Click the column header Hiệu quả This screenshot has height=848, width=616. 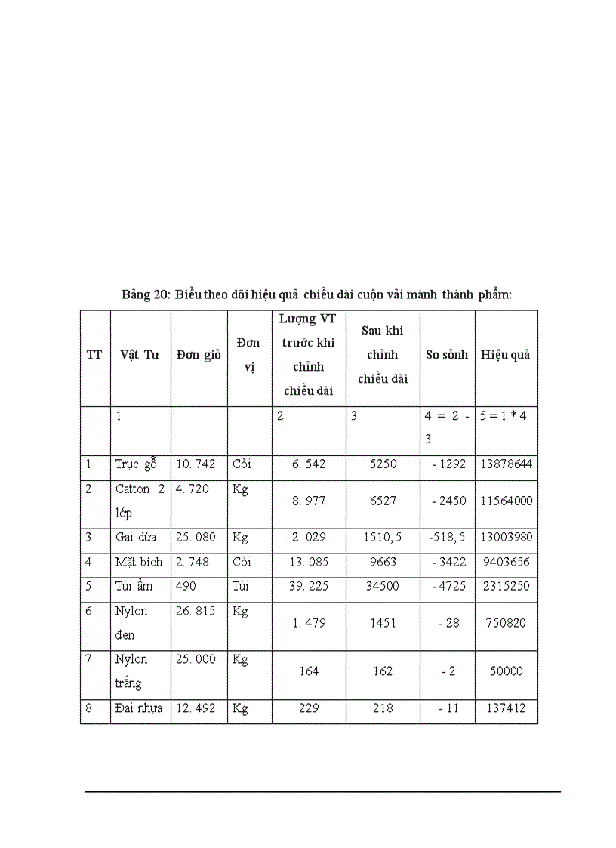click(505, 355)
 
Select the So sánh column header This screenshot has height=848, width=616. click(446, 355)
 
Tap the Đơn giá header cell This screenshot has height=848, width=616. click(199, 355)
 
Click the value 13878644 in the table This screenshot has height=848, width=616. click(506, 464)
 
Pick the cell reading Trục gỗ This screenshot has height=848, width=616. click(136, 464)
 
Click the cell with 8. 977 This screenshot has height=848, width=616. click(309, 501)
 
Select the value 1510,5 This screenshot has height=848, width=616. click(383, 538)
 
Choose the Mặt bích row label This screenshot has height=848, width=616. click(139, 562)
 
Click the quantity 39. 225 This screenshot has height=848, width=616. click(309, 586)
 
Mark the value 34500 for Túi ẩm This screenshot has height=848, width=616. click(383, 586)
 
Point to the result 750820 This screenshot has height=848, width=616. click(506, 623)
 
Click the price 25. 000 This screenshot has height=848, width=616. click(196, 659)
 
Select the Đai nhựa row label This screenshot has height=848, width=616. click(139, 708)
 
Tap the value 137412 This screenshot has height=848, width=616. click(506, 708)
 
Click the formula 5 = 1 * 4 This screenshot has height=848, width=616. click(506, 416)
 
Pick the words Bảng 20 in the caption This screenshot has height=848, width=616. click(145, 294)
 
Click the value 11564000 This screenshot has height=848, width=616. click(506, 501)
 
